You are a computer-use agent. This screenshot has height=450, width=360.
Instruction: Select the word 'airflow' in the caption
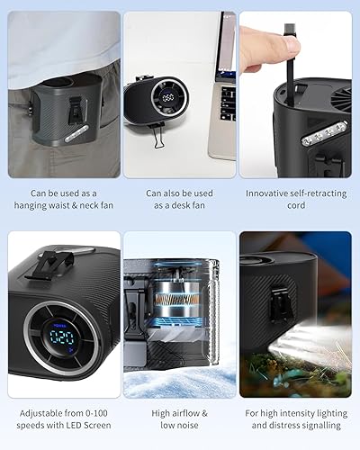189,413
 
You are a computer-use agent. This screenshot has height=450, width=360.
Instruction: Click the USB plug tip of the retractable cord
289,31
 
